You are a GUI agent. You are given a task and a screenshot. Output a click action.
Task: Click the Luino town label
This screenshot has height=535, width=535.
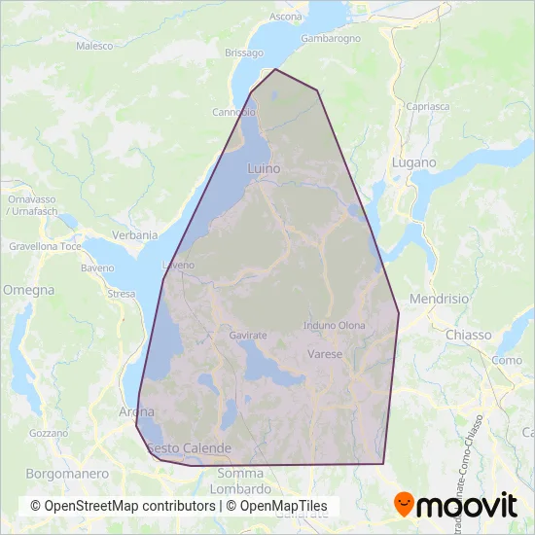click(x=264, y=168)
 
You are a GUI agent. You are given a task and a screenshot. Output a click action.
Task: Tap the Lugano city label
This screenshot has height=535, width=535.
click(x=414, y=163)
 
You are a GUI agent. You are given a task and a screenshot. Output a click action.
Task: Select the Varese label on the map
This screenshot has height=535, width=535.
click(x=325, y=354)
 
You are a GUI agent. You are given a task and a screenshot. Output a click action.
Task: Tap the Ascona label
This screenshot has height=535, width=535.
click(x=285, y=17)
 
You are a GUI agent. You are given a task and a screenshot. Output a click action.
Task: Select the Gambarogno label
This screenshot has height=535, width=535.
click(x=331, y=38)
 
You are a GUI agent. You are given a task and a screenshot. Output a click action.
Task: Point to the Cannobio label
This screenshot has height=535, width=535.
click(x=233, y=112)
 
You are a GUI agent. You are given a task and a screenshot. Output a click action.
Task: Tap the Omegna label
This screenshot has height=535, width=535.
click(x=21, y=290)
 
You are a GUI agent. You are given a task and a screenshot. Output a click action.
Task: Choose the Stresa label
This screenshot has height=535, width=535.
click(x=121, y=293)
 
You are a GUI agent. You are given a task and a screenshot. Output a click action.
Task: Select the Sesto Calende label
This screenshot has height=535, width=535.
click(x=190, y=448)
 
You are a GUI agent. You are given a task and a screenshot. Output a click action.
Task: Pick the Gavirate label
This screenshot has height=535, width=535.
click(x=248, y=335)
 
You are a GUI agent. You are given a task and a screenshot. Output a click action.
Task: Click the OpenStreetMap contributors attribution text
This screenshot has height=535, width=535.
click(x=123, y=506)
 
